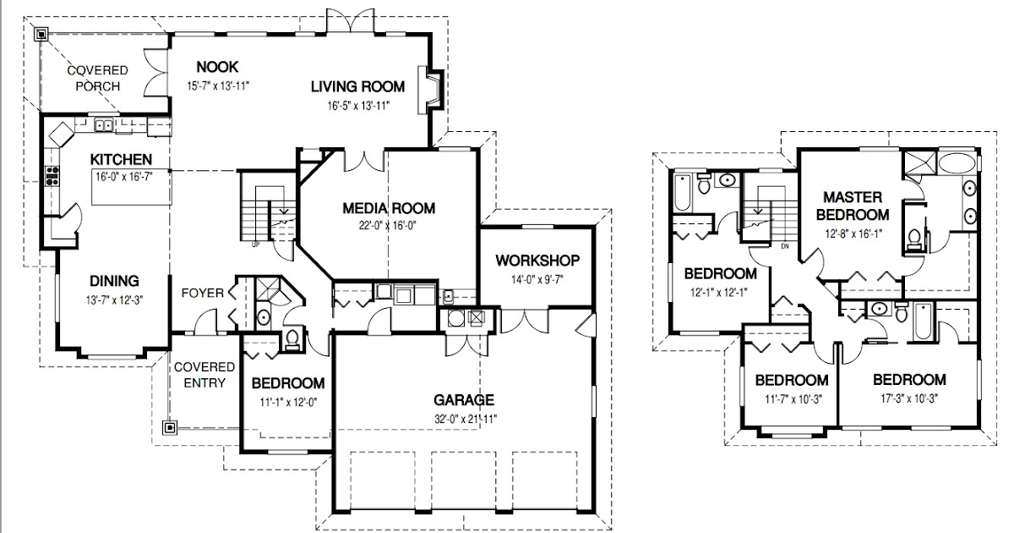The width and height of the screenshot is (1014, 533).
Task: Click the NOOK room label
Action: (x=217, y=67)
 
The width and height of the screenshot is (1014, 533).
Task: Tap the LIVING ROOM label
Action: (x=357, y=86)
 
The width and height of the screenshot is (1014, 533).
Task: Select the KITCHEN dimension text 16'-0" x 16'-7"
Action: (x=123, y=176)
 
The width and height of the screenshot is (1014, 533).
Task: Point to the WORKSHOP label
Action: (x=537, y=261)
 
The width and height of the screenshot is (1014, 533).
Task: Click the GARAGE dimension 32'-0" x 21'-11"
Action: (x=466, y=419)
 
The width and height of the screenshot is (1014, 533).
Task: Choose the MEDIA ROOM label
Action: (x=389, y=208)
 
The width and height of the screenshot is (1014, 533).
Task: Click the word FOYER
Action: (x=202, y=294)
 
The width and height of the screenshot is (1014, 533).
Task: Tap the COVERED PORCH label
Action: (x=98, y=79)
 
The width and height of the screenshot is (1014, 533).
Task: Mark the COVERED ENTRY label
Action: (x=204, y=375)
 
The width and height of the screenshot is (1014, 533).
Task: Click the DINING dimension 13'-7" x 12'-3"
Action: (x=115, y=300)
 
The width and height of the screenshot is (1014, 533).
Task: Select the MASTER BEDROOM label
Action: (x=853, y=206)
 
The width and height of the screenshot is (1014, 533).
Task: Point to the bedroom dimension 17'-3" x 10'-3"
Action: (x=909, y=398)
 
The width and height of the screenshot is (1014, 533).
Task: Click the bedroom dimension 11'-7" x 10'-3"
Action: (x=793, y=399)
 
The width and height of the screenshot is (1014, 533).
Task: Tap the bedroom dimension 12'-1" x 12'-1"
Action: (x=719, y=293)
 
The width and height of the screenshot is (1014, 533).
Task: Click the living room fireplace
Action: (x=430, y=90)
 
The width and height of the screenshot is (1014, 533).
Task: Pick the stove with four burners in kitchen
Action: (x=52, y=176)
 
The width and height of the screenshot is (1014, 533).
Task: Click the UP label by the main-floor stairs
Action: (x=256, y=245)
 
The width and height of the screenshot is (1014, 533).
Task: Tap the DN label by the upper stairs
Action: (x=785, y=246)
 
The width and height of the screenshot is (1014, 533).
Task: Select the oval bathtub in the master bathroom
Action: (x=957, y=162)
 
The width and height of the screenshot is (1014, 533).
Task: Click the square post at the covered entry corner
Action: (x=170, y=427)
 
